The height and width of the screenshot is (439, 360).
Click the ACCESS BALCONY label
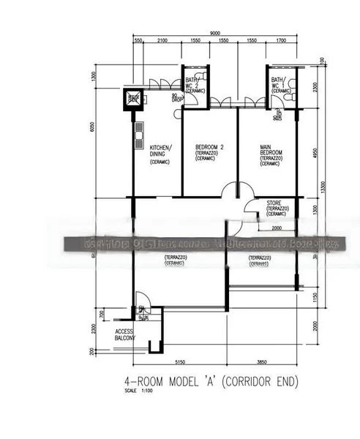(125, 336)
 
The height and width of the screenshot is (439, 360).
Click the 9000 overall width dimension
(215, 34)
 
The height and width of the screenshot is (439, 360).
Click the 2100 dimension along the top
(162, 42)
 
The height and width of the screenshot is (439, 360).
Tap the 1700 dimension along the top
(281, 42)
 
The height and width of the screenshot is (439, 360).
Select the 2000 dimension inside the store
(277, 228)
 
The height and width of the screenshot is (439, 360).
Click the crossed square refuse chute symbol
(133, 98)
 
